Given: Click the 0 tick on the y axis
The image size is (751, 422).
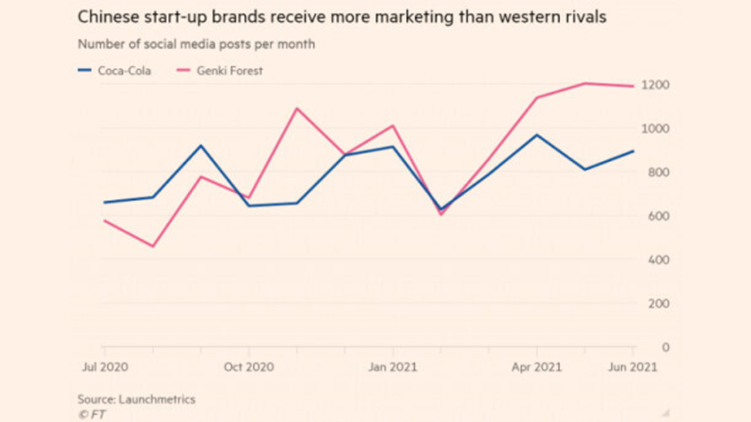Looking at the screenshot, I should [x=648, y=347].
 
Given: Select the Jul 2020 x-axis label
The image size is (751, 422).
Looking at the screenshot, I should [x=104, y=367].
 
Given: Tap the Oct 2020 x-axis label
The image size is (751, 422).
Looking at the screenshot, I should [x=249, y=367].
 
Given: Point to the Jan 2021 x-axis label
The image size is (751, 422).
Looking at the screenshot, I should [x=393, y=367].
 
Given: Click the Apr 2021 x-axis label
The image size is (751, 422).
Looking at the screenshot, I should [x=536, y=367].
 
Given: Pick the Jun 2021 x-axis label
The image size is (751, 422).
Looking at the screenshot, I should [x=632, y=367].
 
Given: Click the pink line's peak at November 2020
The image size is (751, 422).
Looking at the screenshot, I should [x=297, y=108].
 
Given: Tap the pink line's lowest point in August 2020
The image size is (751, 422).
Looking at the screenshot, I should [x=153, y=246].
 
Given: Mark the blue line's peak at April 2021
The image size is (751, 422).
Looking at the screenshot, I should [x=537, y=135].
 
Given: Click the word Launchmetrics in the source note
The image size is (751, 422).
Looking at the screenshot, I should [x=157, y=400].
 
